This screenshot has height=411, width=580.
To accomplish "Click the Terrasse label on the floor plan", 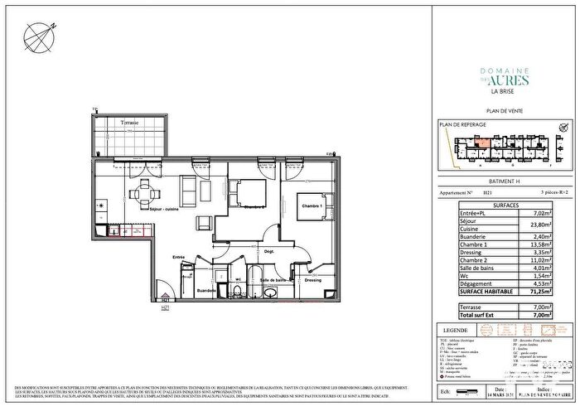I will tap(129, 123).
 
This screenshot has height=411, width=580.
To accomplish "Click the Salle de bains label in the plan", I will tap(275, 280).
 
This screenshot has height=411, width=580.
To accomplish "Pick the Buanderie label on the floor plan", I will tap(206, 290).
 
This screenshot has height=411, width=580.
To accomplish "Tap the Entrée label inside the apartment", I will tap(178, 258).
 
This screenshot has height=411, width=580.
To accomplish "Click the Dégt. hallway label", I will tap(269, 250).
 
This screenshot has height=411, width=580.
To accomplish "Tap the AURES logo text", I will tap(504, 80).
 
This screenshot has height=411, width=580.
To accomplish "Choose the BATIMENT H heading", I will tap(504, 181).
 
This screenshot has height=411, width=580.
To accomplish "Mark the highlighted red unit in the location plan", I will tap(481, 143).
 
